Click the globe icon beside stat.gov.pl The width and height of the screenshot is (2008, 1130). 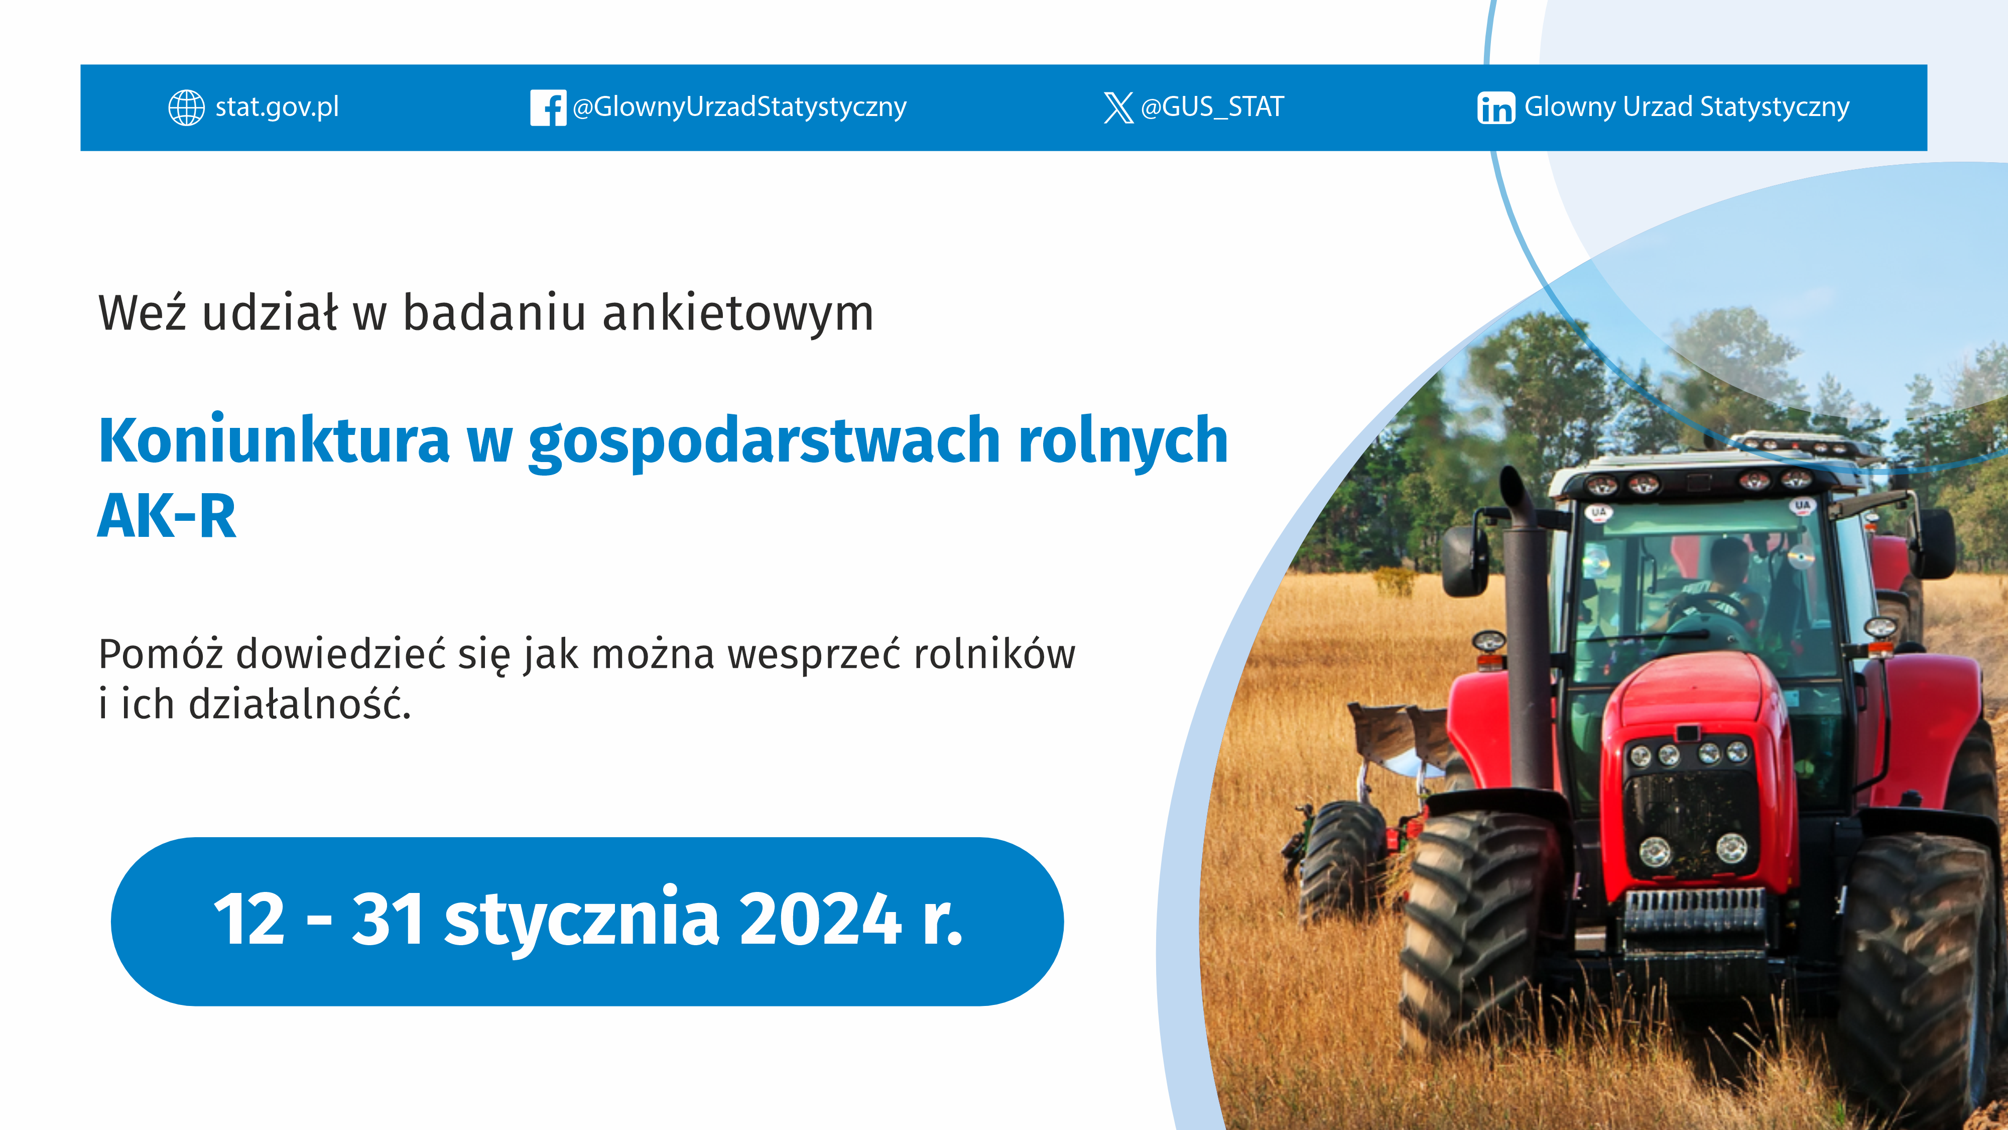186,107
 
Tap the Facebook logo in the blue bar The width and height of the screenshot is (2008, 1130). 548,107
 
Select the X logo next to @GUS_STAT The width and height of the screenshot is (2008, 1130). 1118,107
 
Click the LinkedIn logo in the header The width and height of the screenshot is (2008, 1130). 1495,107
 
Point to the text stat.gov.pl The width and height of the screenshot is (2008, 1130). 277,107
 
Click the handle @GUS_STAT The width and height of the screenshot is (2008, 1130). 1212,107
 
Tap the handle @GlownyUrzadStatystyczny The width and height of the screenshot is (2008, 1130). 739,107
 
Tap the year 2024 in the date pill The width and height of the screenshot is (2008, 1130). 820,920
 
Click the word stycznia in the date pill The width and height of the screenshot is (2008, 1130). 581,920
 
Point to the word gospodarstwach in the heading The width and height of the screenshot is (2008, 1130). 764,441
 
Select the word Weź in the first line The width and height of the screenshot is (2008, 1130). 142,313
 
